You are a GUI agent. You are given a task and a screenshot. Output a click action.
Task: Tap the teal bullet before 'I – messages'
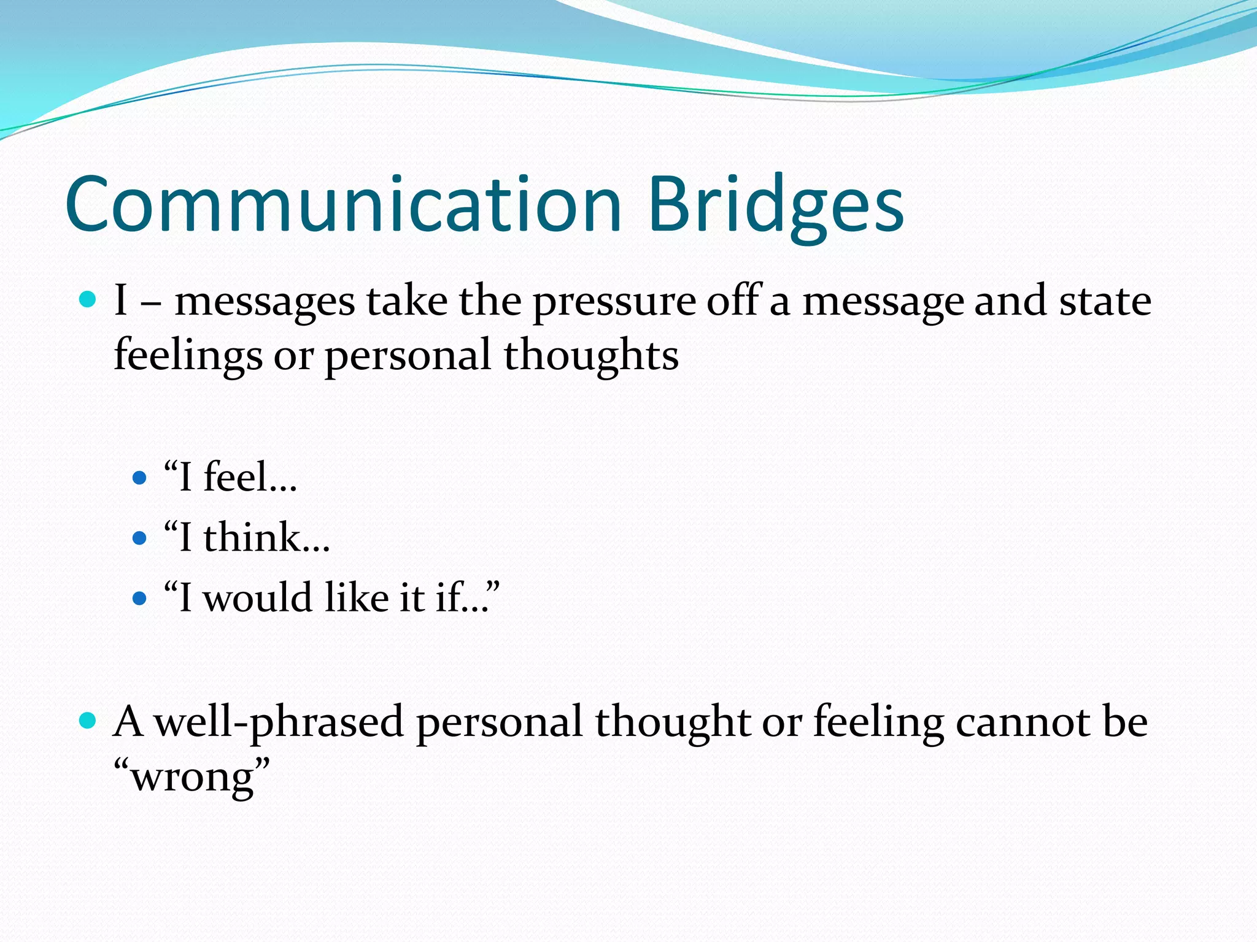click(88, 300)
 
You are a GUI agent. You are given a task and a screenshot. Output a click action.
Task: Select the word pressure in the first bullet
click(613, 303)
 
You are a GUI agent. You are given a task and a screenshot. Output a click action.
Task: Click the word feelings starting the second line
click(188, 356)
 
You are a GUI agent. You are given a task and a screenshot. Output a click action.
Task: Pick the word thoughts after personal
click(591, 356)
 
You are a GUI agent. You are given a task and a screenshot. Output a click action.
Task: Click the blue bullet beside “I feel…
click(140, 478)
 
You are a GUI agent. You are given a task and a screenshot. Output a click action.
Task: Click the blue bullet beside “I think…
click(140, 538)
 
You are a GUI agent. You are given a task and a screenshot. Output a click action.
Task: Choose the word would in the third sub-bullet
click(258, 597)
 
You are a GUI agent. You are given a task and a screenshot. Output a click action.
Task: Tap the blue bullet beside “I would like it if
click(140, 598)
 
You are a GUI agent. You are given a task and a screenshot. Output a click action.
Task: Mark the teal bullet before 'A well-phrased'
click(88, 721)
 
